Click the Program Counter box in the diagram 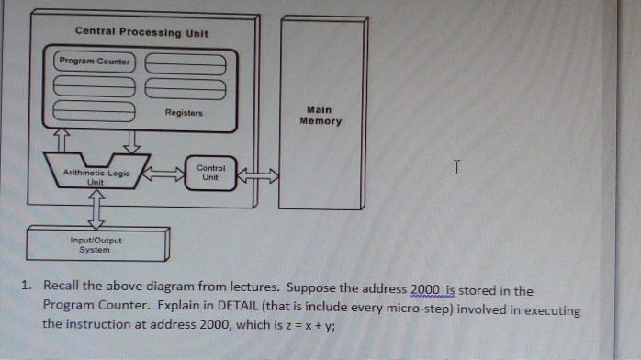[x=95, y=62]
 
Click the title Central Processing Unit [x=141, y=33]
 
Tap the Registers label [x=184, y=114]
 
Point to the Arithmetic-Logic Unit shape [x=96, y=175]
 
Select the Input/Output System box [x=96, y=244]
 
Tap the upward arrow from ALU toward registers [x=62, y=139]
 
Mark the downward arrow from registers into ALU [x=129, y=139]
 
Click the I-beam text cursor [x=455, y=168]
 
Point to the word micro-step [x=401, y=308]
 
